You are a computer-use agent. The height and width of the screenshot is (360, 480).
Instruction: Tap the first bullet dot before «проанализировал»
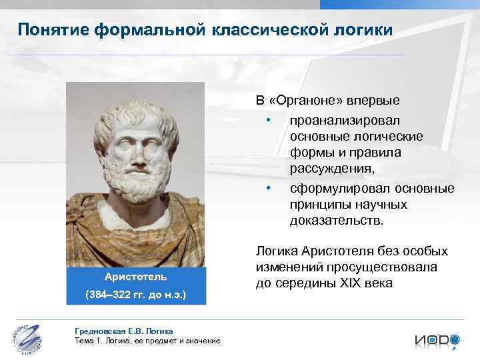267,120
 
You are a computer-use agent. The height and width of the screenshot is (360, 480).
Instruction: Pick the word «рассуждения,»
332,169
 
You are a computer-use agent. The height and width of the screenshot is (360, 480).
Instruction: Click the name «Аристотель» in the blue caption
135,276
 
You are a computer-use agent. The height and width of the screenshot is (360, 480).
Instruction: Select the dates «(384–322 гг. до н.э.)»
135,294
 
